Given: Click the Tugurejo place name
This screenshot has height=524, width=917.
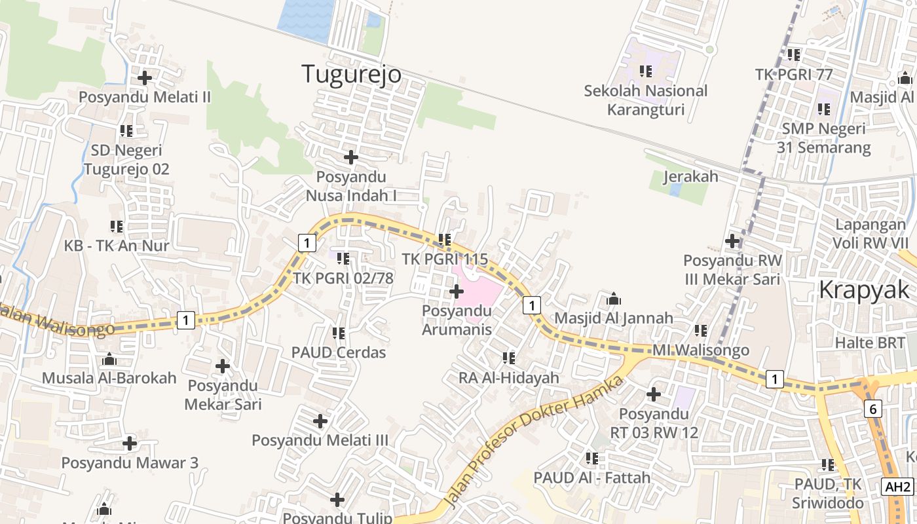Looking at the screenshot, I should [351, 74].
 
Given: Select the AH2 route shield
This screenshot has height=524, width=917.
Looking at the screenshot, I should [897, 487].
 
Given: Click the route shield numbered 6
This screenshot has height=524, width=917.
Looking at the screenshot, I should [872, 409].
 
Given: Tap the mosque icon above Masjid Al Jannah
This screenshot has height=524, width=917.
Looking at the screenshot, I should [614, 299].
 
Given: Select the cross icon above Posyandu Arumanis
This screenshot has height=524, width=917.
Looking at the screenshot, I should [457, 291].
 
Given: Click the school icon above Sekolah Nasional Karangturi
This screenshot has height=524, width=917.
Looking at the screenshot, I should [646, 71].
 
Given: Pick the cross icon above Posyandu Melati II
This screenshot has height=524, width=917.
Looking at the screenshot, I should [145, 78].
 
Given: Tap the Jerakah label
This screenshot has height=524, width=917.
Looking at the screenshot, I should [690, 177].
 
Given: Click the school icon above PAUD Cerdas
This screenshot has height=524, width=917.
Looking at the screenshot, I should [339, 333].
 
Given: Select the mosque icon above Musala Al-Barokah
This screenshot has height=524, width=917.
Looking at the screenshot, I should [109, 359].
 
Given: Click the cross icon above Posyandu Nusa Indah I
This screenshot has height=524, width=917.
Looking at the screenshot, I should [351, 157].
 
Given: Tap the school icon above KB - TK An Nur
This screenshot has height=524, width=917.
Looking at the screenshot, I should [117, 227].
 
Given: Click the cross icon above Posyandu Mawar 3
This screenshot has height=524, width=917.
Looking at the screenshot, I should [130, 443].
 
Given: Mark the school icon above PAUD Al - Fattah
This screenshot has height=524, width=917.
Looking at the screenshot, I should [592, 458].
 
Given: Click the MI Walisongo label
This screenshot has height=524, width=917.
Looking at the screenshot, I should [701, 350].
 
